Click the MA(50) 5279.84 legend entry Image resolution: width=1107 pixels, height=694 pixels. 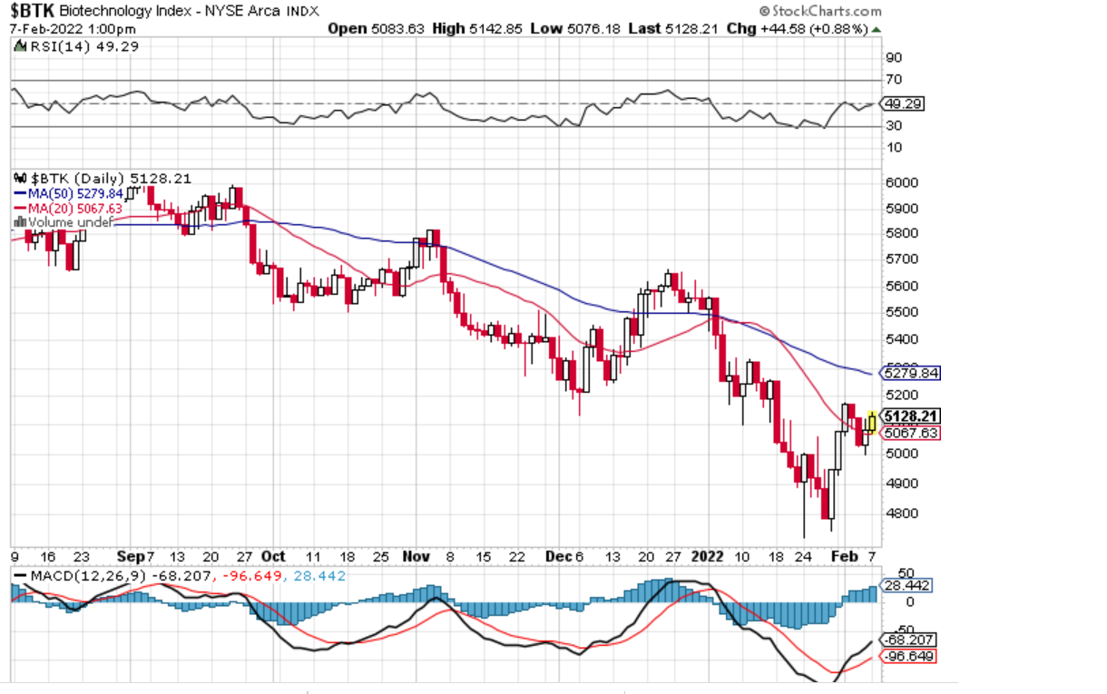click(68, 193)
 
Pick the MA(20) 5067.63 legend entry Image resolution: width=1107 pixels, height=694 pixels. click(68, 208)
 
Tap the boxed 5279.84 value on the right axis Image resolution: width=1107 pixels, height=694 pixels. click(912, 373)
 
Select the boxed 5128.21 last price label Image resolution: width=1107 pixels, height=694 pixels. click(910, 416)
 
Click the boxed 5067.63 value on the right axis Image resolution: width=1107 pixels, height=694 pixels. click(910, 433)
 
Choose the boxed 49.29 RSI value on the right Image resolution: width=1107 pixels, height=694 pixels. click(905, 104)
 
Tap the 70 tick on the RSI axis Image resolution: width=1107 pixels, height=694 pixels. click(895, 80)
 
